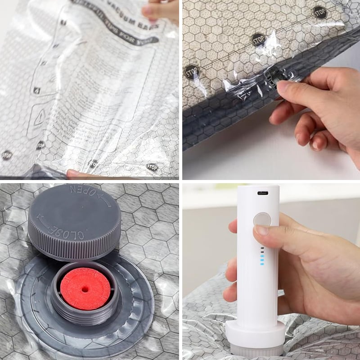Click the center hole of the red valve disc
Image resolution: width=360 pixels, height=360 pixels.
85,289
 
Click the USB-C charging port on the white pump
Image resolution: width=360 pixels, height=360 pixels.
262,193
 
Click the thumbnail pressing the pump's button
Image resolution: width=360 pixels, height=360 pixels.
261,230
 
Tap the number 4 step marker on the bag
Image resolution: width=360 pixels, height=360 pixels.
36,90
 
